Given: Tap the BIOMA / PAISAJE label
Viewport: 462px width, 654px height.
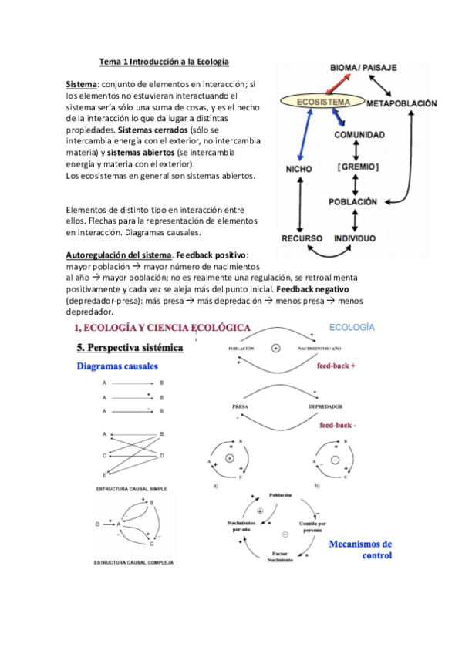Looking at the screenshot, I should [363, 68].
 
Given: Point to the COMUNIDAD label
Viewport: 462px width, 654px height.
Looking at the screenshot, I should [359, 134].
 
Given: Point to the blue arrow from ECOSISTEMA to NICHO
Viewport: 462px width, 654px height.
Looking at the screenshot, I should [301, 134].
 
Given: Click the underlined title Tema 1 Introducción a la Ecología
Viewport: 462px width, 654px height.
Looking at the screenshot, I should [164, 61].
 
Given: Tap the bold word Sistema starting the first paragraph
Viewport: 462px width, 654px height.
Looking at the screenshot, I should [81, 83].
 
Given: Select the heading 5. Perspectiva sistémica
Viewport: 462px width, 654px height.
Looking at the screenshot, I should [130, 348].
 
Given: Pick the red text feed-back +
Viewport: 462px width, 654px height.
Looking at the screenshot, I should [336, 366].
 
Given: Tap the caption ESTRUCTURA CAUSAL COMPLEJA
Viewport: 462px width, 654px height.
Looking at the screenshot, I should [133, 562].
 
